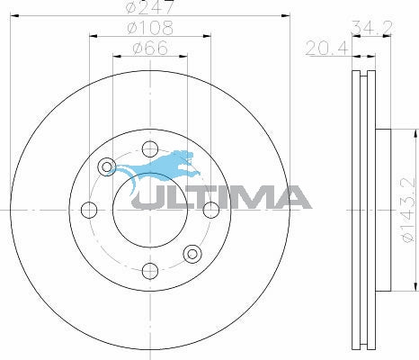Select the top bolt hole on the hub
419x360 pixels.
click(149, 148)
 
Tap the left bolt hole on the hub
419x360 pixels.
click(88, 210)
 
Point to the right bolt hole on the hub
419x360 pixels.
click(210, 210)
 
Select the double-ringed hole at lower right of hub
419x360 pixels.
click(192, 253)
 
